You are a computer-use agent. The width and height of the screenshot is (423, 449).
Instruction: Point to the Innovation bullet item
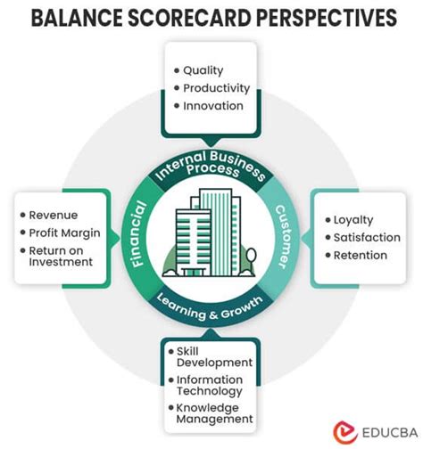click(212, 105)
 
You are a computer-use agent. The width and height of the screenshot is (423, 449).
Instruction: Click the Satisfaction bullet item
click(366, 237)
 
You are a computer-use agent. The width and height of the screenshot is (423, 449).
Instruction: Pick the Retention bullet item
click(361, 255)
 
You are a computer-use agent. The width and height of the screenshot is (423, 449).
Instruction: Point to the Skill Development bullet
click(214, 355)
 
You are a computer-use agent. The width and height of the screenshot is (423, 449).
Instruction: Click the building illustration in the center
click(211, 233)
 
